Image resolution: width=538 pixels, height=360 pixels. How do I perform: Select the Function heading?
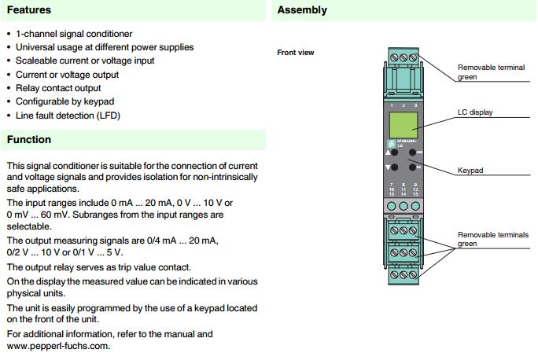point(28,140)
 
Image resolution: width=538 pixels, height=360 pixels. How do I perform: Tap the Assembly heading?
point(302,10)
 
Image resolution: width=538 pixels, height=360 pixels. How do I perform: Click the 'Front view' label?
point(296,53)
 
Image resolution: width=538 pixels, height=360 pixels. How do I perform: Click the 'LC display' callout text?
point(474,112)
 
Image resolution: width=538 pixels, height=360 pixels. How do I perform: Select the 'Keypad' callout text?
point(470,171)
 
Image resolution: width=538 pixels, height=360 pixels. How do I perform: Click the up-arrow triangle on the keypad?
point(388,152)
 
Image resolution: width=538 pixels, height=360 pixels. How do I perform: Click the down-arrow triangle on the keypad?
point(388,168)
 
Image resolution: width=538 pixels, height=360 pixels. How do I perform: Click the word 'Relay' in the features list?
point(28,88)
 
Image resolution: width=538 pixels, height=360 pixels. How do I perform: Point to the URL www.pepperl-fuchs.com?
point(57,346)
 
